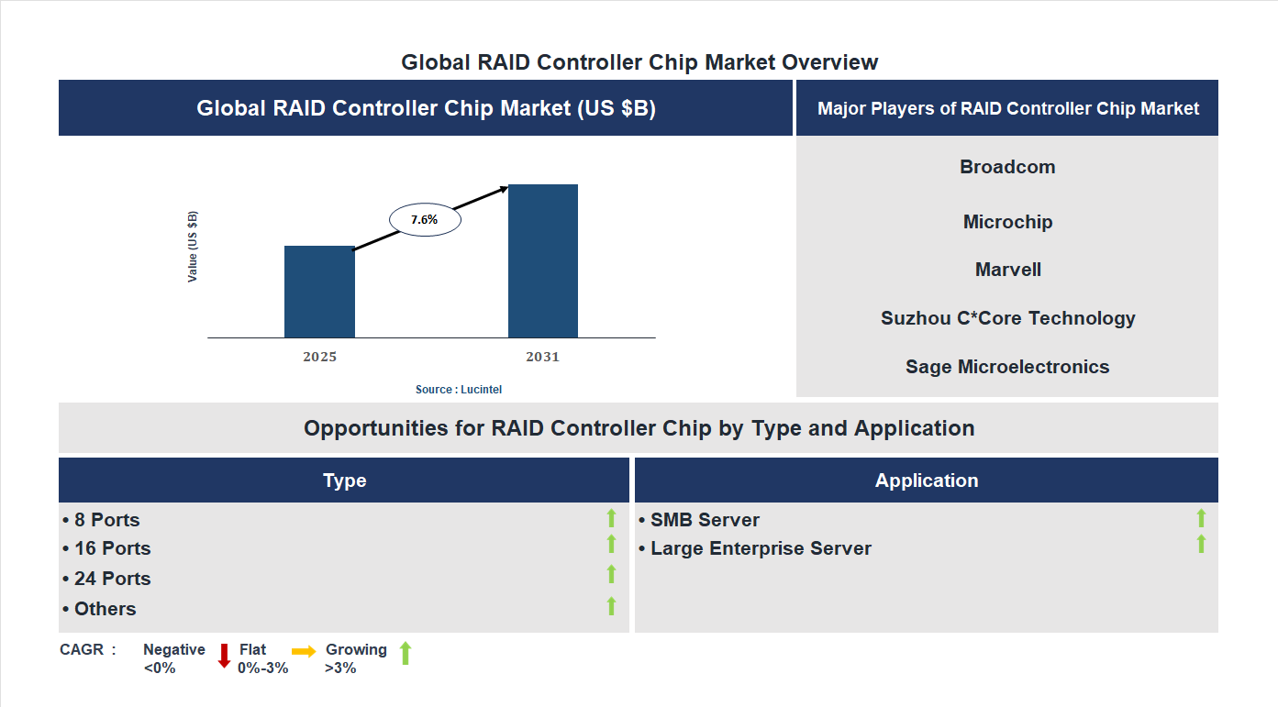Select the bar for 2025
click(319, 292)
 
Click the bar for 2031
click(543, 261)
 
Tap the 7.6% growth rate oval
click(425, 220)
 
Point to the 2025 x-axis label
click(319, 357)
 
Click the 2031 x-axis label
click(542, 357)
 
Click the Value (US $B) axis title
click(193, 247)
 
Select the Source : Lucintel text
click(459, 390)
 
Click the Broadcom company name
click(1007, 167)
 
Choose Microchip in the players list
click(1007, 222)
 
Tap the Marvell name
click(1007, 270)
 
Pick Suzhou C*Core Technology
click(1007, 318)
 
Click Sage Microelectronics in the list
click(1007, 367)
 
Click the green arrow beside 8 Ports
click(611, 519)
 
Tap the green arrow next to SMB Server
click(1201, 519)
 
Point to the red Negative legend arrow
click(224, 656)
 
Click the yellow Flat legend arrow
click(304, 650)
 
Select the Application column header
click(926, 481)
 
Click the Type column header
click(344, 481)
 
